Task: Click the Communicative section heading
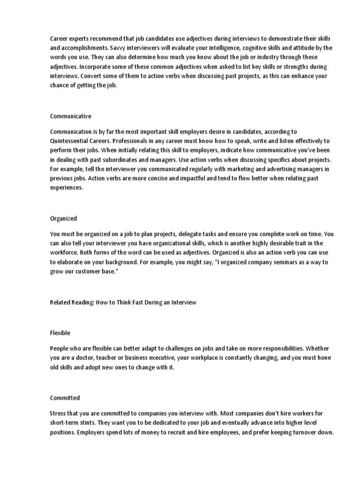[x=70, y=116]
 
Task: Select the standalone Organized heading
[x=63, y=218]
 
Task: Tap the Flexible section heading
[x=60, y=333]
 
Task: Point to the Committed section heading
[x=65, y=398]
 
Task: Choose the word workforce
[x=65, y=252]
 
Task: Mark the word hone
[x=325, y=358]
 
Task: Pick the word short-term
[x=66, y=423]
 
